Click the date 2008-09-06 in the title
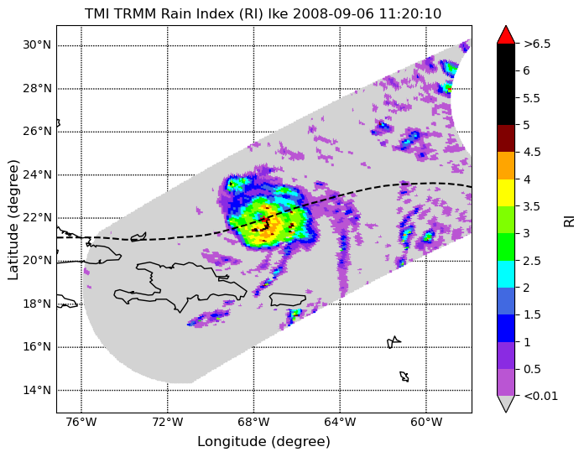point(334,13)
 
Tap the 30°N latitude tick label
point(37,45)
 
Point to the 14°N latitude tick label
point(37,390)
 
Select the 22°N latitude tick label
point(37,217)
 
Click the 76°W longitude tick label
point(81,423)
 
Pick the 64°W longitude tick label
point(340,423)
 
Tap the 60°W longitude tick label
point(426,423)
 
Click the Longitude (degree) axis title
point(263,442)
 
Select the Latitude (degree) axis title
point(13,221)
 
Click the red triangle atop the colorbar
point(506,35)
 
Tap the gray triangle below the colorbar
point(506,403)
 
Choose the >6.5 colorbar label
point(537,44)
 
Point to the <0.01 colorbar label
point(541,396)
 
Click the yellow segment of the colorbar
point(506,193)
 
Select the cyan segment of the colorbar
point(506,274)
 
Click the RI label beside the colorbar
point(570,220)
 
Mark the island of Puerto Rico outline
point(288,299)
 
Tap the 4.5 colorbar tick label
point(532,152)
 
